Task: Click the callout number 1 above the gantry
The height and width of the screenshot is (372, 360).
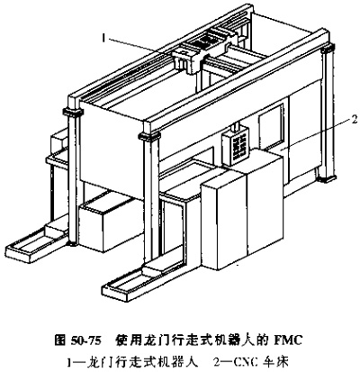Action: [103, 38]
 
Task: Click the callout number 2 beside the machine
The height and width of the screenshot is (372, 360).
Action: [355, 120]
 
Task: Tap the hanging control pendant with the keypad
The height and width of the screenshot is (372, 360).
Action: [236, 146]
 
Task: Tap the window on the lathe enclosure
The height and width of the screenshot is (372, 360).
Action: [271, 125]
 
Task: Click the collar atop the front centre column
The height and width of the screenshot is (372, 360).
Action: [149, 137]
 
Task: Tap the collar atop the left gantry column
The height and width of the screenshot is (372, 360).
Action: [73, 112]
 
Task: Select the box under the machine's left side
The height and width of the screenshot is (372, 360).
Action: [110, 223]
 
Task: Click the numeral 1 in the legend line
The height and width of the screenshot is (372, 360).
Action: [69, 363]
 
